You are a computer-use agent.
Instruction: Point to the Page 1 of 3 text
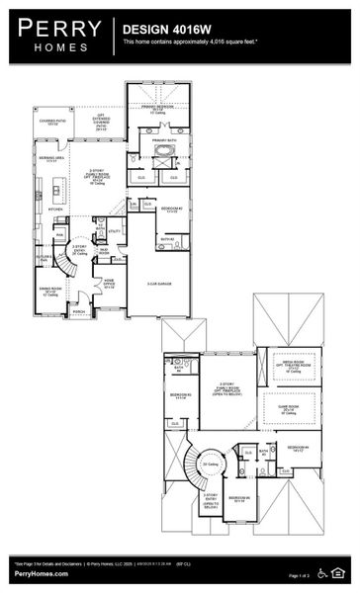pos(302,574)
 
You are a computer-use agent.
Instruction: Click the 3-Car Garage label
pos(160,284)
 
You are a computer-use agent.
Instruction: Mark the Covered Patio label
pos(50,123)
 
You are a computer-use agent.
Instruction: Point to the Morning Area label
pos(51,158)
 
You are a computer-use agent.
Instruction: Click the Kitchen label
pos(56,210)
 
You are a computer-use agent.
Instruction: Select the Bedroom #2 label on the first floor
pos(170,210)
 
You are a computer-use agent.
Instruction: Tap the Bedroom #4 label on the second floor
pos(301,448)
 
